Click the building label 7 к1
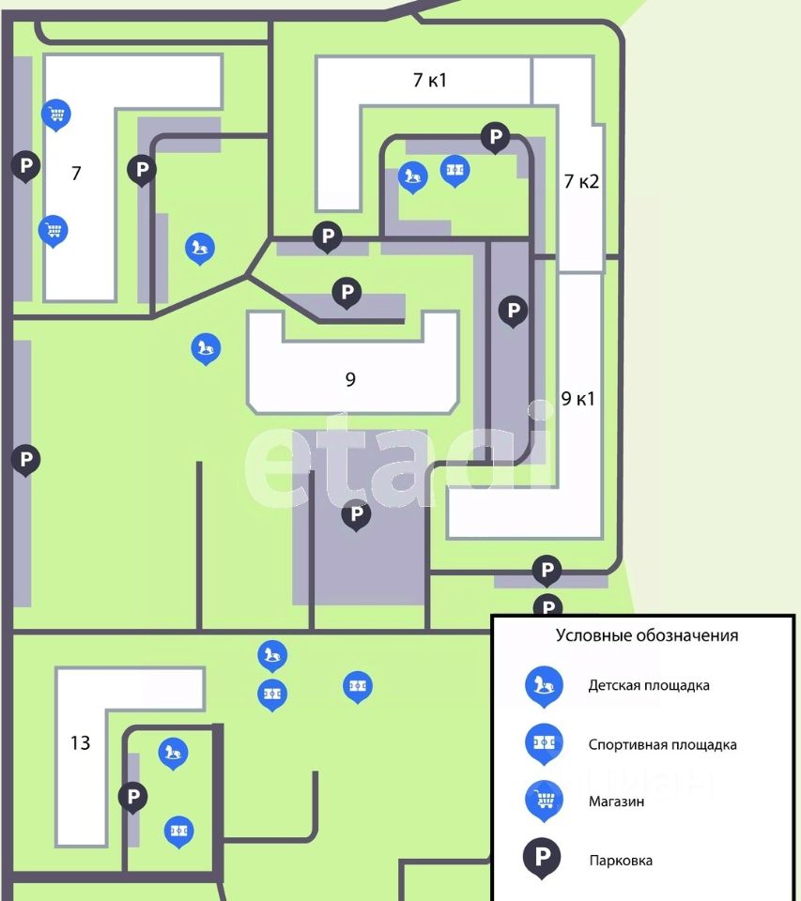(430, 80)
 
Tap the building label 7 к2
(581, 181)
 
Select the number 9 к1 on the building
(578, 398)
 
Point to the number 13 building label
(81, 743)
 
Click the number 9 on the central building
(350, 379)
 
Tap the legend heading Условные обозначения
(647, 635)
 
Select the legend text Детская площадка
(649, 685)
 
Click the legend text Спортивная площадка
(662, 744)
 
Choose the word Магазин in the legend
(617, 802)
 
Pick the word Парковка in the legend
(621, 860)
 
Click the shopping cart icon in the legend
(544, 799)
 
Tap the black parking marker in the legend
(542, 857)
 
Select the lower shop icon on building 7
(54, 229)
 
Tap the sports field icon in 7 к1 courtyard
(455, 170)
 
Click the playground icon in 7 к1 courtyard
(413, 175)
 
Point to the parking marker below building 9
(356, 513)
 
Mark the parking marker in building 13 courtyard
(132, 797)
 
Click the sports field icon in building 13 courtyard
(179, 831)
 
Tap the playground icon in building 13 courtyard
(172, 752)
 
